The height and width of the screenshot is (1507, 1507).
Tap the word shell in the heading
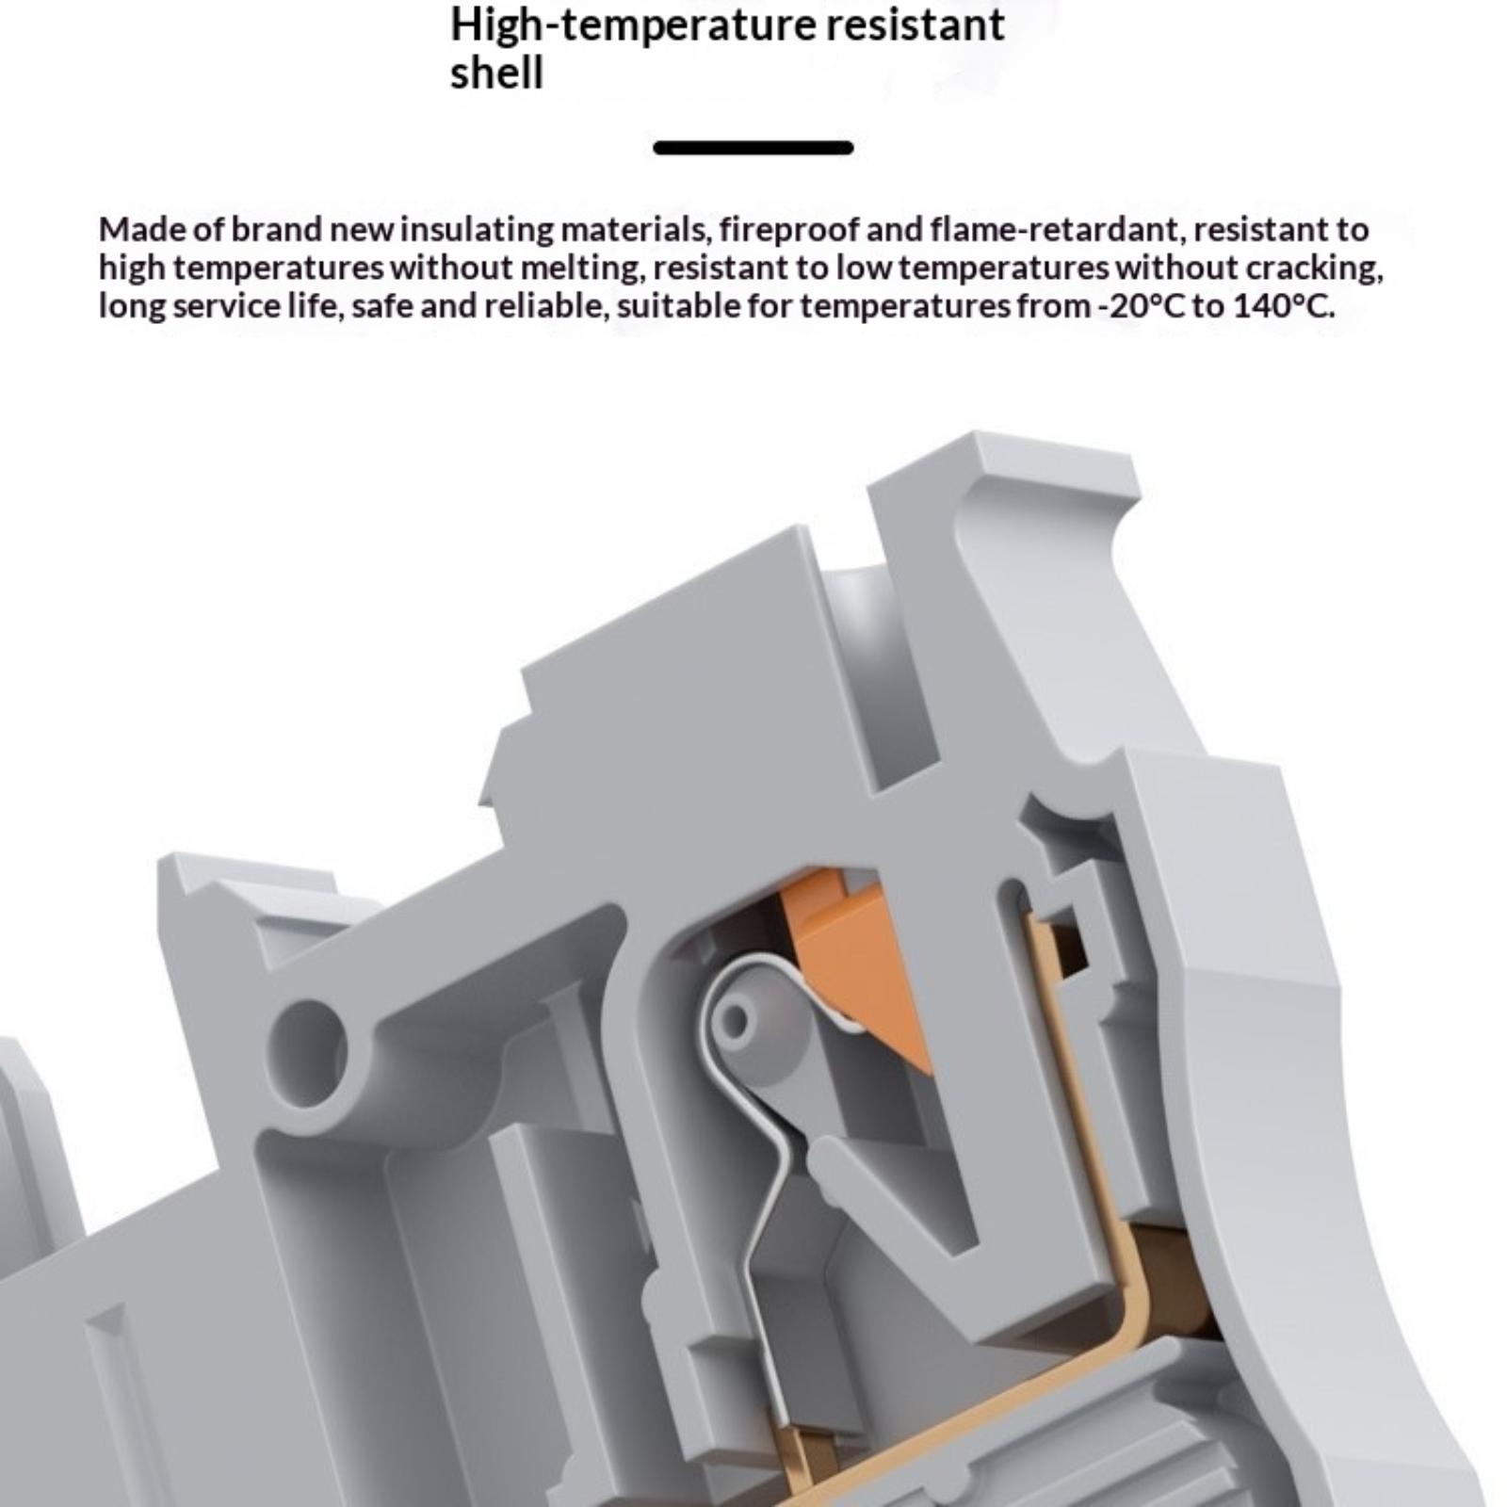(x=496, y=73)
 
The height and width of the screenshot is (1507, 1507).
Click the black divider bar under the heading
(x=753, y=147)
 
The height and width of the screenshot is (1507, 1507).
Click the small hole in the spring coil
(x=737, y=1020)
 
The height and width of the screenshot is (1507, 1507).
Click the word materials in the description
(x=635, y=230)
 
